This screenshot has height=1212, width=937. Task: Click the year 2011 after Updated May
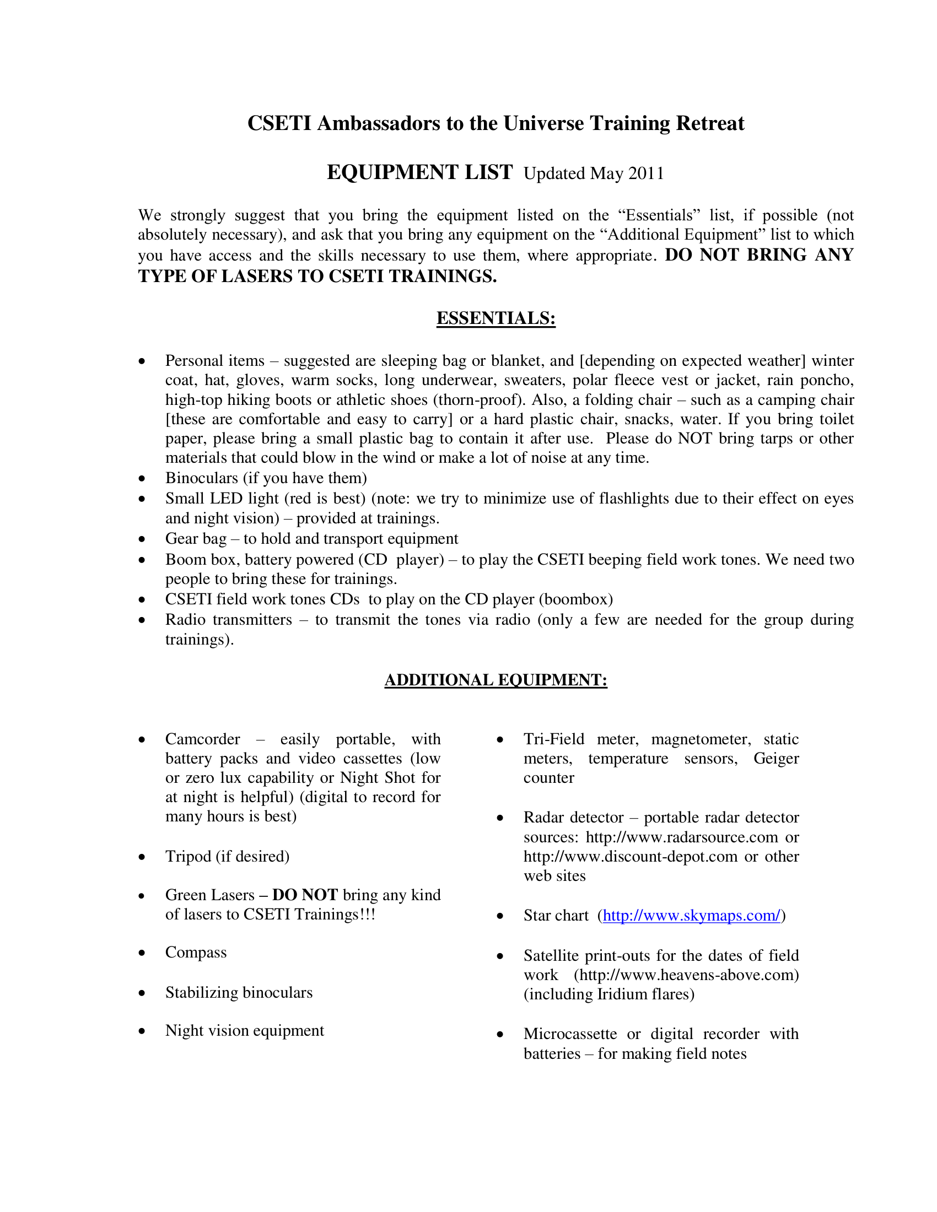coord(646,174)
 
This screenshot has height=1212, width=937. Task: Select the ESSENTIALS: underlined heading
coord(496,318)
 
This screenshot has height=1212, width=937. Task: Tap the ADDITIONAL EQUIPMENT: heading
coord(496,680)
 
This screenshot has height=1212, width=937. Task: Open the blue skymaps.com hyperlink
coord(692,916)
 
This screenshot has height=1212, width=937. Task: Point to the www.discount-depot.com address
coord(631,857)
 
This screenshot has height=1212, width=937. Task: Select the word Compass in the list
coord(196,953)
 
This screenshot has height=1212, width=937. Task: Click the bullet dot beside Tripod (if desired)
coord(142,857)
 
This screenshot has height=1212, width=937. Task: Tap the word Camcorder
coord(203,740)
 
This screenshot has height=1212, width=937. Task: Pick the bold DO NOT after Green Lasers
coord(305,895)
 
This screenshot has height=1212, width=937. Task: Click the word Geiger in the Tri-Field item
coord(776,759)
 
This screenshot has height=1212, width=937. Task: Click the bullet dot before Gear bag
coord(142,539)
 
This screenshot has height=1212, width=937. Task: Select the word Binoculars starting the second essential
coord(202,478)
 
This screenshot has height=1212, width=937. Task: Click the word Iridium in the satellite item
coord(620,994)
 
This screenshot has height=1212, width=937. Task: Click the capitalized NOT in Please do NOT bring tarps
coord(694,439)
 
